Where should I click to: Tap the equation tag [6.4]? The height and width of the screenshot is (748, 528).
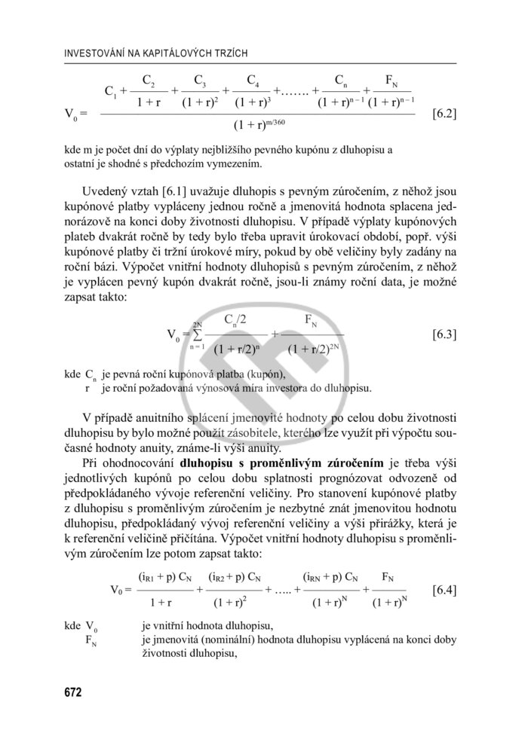(x=442, y=590)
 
